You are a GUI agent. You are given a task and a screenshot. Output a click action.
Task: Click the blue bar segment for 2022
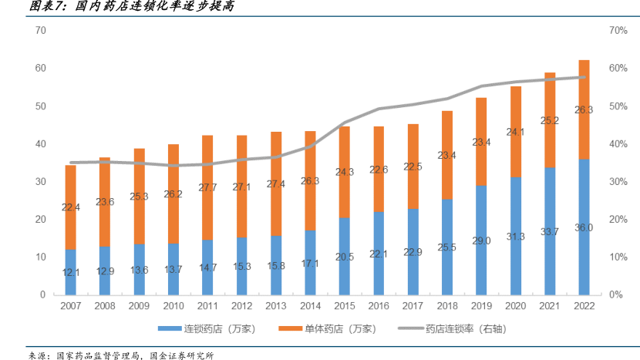584,227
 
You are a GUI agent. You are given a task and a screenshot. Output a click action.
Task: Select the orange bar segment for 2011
207,187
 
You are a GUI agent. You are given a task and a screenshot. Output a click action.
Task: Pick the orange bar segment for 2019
480,141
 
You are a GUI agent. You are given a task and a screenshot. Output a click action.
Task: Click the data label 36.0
584,228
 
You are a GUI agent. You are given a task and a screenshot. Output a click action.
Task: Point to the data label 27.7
207,187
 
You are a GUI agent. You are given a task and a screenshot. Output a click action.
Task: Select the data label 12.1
70,271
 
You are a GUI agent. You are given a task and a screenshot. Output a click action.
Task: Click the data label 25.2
550,120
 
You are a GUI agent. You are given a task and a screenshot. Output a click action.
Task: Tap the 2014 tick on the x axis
310,307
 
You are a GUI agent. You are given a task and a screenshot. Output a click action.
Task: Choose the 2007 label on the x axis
70,307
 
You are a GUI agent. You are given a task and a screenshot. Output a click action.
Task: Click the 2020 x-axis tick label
515,307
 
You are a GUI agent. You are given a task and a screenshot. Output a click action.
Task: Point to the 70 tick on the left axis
41,30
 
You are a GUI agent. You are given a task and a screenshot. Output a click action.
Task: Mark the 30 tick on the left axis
41,181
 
